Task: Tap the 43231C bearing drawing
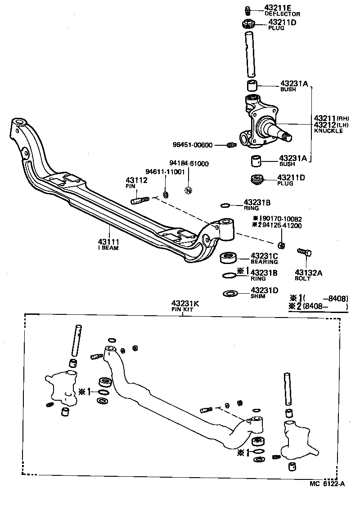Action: point(228,259)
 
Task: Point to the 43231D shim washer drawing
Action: point(230,294)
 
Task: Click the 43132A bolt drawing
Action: point(303,253)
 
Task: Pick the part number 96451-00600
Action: point(193,145)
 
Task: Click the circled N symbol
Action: point(189,190)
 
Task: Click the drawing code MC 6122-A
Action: point(327,483)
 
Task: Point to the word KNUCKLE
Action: point(328,131)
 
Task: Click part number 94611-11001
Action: point(165,172)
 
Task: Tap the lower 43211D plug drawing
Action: point(256,180)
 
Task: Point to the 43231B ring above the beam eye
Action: point(225,206)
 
